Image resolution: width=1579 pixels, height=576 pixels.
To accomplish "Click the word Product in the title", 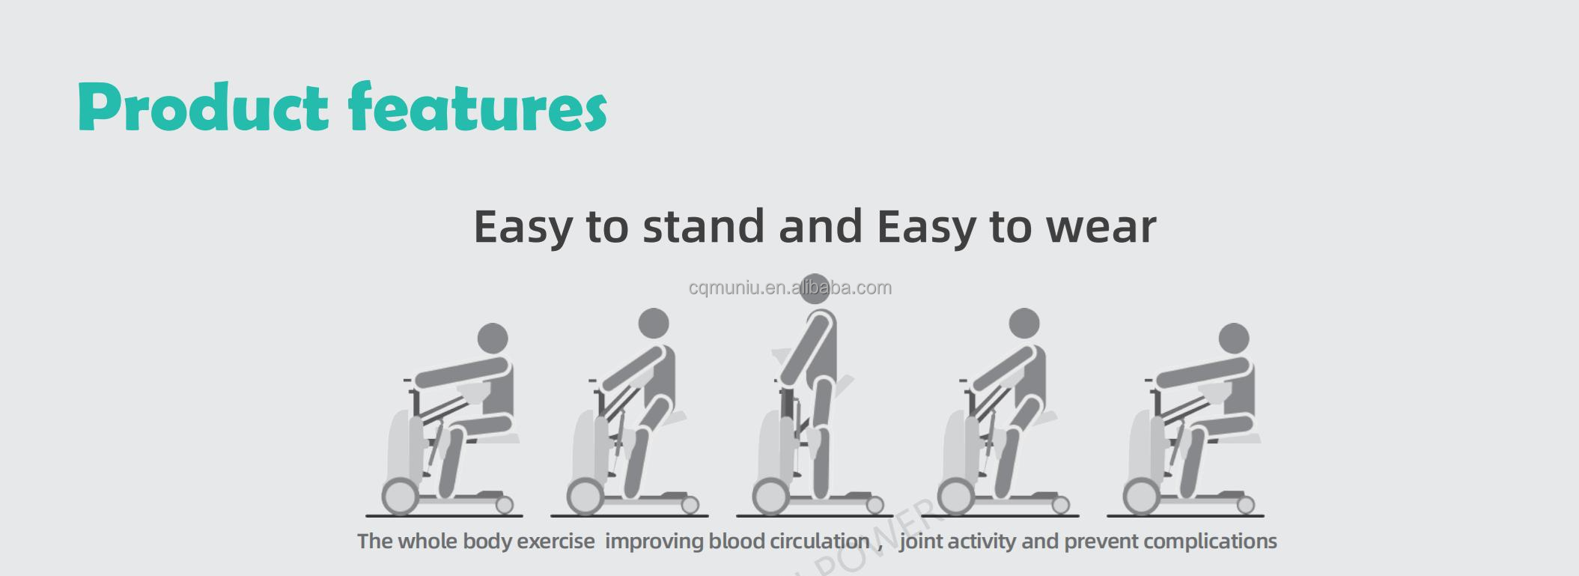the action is [x=203, y=107].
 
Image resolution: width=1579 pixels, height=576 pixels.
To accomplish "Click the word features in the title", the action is [x=478, y=107].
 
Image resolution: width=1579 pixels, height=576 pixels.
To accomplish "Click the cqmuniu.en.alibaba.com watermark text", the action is [x=790, y=288].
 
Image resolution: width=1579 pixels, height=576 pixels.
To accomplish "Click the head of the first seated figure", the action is [x=493, y=339].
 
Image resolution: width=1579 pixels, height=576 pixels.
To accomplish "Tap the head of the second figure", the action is [x=654, y=324].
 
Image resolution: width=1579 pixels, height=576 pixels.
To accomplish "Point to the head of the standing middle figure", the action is [x=815, y=289].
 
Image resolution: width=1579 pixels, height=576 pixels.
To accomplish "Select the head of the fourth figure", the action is [x=1024, y=324].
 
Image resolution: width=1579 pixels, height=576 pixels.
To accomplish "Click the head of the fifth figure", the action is [x=1234, y=339].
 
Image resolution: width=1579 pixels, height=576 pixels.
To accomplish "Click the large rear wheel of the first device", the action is [x=401, y=497].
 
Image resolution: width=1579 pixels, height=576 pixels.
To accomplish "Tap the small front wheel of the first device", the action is [x=505, y=506].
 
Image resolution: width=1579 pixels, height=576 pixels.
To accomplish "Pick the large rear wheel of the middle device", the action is [x=771, y=497].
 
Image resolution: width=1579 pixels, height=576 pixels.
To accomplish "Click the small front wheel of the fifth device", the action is [x=1246, y=506].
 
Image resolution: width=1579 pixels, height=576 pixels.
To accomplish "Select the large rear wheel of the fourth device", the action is [x=956, y=497].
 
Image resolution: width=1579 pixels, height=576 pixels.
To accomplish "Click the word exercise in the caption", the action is [x=556, y=542].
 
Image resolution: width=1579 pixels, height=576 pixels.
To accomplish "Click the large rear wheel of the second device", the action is [x=585, y=497].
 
